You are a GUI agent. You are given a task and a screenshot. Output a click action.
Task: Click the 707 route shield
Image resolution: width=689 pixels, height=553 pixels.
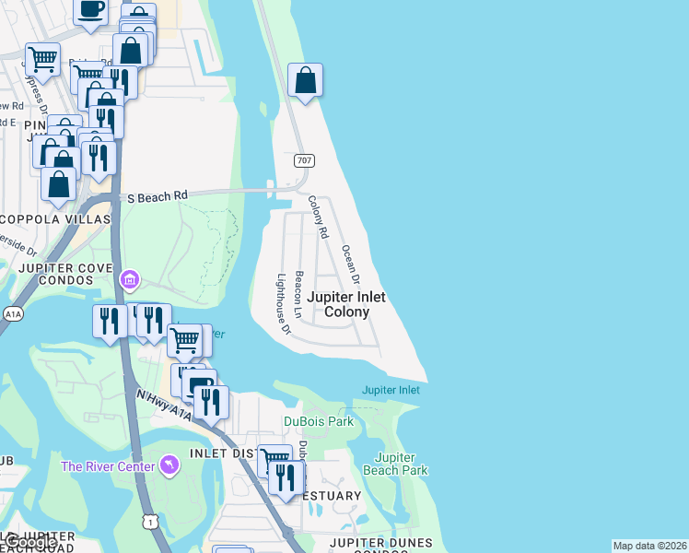pos(304,161)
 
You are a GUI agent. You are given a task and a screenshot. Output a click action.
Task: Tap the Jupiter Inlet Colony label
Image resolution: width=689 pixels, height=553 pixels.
pos(345,304)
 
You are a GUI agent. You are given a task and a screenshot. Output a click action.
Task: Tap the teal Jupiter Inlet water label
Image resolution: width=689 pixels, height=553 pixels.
pos(391,390)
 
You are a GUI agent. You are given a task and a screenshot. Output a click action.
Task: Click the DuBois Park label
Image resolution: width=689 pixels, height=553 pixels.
pos(318,422)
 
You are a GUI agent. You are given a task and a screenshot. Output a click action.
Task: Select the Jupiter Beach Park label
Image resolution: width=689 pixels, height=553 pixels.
pos(402,464)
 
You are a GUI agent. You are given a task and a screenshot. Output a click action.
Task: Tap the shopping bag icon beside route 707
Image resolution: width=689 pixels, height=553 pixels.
pos(305,80)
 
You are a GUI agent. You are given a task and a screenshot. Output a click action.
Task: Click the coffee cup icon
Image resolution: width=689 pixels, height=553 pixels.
pos(90,9)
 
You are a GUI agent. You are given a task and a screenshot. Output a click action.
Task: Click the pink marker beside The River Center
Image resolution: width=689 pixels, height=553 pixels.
pos(169,465)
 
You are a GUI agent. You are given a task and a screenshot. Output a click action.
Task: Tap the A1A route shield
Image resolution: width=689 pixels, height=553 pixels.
pos(13,313)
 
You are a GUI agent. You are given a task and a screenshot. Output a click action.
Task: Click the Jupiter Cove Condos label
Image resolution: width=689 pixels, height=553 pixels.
pos(58,275)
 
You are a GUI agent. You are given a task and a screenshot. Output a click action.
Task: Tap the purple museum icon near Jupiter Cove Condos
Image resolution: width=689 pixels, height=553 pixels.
pos(130,278)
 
